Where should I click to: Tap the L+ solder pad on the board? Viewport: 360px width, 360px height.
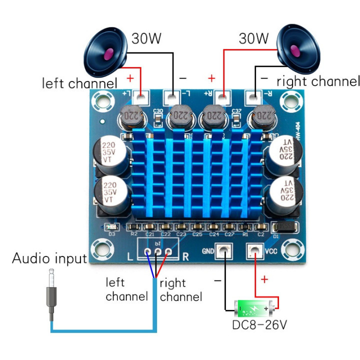click(140, 96)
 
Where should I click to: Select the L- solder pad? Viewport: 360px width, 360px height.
click(172, 96)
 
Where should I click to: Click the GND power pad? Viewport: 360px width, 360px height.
click(223, 250)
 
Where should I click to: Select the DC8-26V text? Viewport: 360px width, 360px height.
click(259, 325)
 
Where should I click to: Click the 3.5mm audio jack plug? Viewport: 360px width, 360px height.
click(50, 295)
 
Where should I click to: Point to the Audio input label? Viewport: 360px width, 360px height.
click(49, 258)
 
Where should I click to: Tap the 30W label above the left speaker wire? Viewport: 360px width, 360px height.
click(146, 38)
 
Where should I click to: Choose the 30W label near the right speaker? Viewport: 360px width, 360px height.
click(253, 38)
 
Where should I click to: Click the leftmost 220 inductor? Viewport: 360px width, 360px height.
click(131, 118)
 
